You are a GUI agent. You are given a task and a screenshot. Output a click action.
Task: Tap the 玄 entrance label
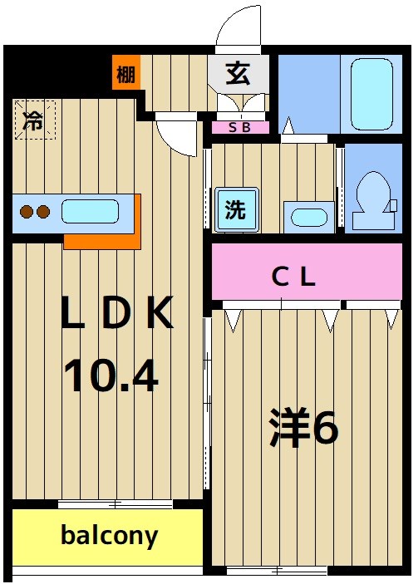click(x=239, y=74)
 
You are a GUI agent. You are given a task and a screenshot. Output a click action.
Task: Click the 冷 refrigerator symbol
click(x=33, y=120)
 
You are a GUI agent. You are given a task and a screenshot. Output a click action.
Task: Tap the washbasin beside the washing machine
click(x=308, y=218)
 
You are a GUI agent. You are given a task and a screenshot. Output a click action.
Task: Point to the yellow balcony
click(x=108, y=537)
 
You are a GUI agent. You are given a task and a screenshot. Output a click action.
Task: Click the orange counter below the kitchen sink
click(x=100, y=239)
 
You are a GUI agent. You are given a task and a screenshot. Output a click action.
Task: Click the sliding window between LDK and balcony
click(x=116, y=504)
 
